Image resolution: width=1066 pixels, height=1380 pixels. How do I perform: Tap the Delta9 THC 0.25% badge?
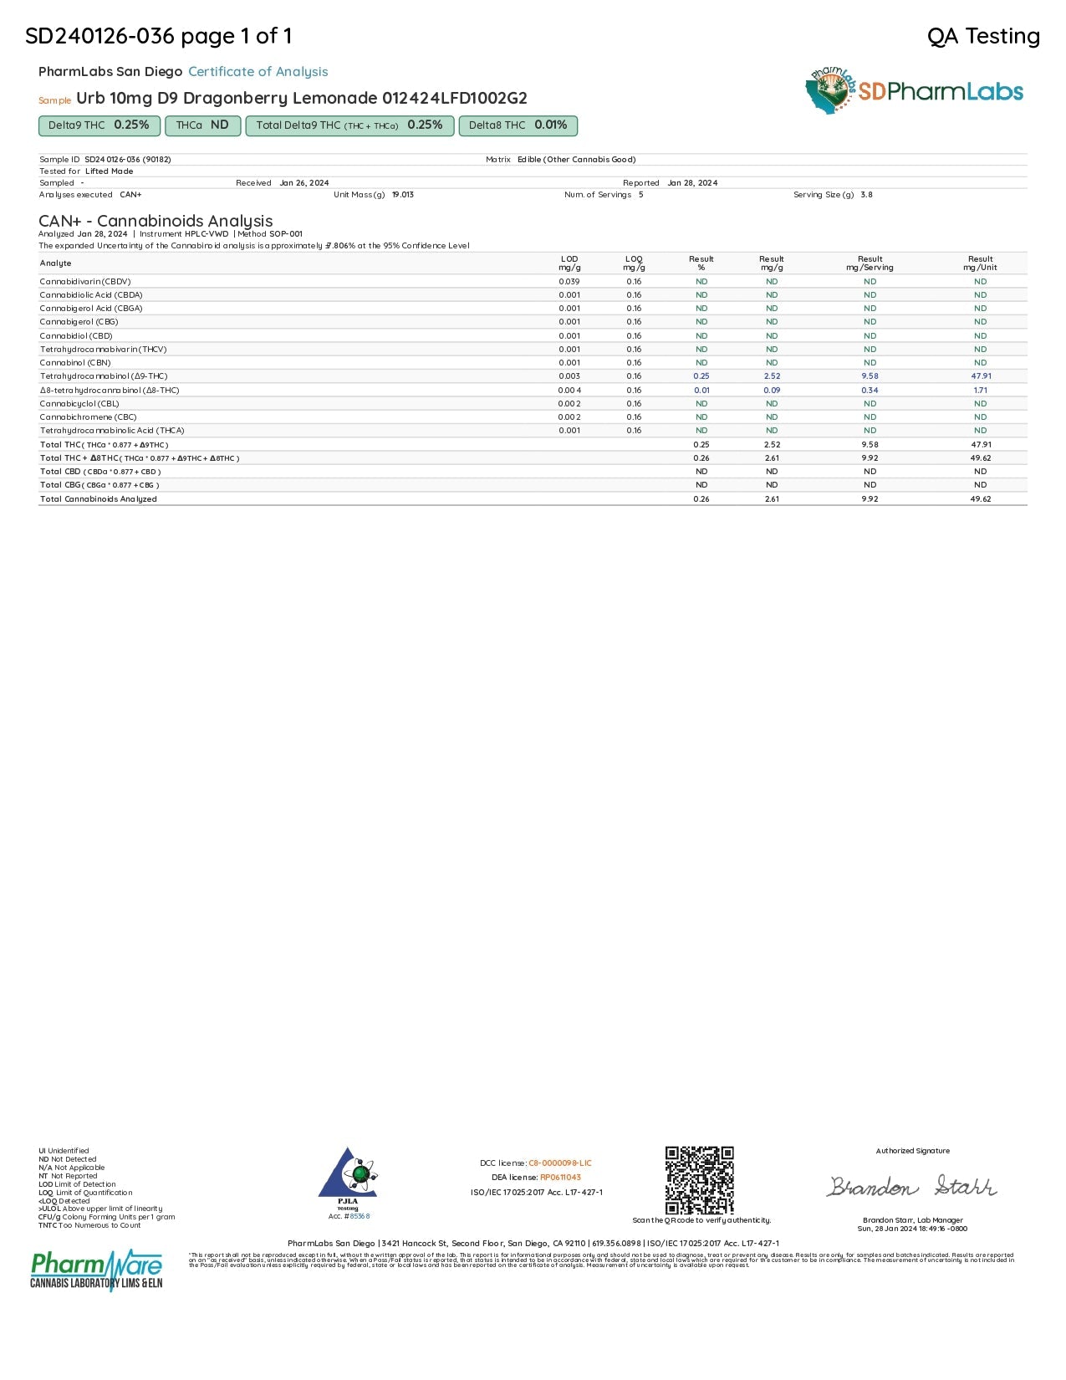click(99, 125)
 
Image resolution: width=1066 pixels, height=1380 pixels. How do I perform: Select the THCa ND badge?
click(202, 125)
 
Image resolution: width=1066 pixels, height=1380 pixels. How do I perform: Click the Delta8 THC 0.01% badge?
click(518, 125)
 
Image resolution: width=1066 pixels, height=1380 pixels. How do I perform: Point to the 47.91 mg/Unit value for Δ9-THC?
click(981, 376)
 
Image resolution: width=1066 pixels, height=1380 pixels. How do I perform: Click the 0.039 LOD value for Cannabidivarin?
click(569, 282)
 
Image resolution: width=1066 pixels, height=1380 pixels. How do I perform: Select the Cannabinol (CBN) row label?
click(75, 363)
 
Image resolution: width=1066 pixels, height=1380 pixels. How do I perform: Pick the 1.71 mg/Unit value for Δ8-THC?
click(981, 391)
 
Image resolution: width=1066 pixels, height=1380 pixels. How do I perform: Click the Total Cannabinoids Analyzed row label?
click(99, 499)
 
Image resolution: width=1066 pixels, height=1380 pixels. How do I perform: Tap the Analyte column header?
click(56, 263)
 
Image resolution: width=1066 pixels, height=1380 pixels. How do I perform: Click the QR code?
click(700, 1179)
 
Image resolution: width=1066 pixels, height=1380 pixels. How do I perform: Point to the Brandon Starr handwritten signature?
click(912, 1187)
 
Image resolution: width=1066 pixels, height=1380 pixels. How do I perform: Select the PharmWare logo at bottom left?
click(96, 1270)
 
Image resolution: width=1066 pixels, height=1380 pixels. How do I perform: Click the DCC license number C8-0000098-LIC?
click(559, 1163)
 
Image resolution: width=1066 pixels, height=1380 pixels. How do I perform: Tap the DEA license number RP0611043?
click(560, 1178)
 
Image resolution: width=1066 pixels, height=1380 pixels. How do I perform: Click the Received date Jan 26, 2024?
click(304, 183)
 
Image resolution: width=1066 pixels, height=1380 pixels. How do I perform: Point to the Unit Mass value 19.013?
click(403, 195)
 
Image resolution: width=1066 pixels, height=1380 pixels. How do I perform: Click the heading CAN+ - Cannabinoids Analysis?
click(156, 221)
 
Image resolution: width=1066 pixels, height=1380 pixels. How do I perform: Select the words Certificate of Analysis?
click(258, 72)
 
